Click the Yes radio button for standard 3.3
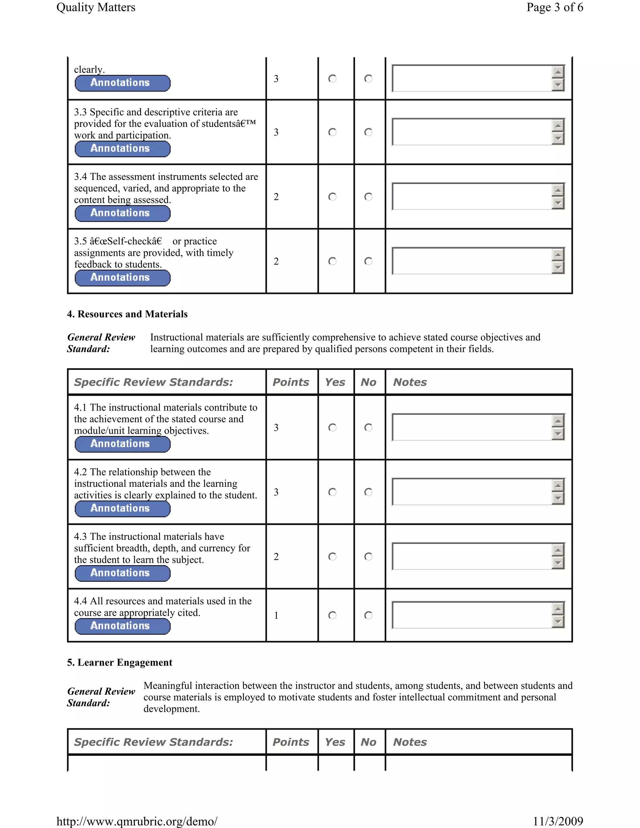click(x=332, y=132)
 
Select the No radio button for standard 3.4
click(x=368, y=197)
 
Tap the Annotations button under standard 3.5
click(x=122, y=277)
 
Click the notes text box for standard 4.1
click(x=472, y=427)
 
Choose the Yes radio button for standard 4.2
click(x=332, y=492)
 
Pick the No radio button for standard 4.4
click(x=368, y=615)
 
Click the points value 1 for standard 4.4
click(x=276, y=615)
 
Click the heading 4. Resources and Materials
click(x=127, y=314)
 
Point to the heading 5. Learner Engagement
click(x=120, y=662)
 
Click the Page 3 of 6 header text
click(x=554, y=7)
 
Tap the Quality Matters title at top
click(x=96, y=7)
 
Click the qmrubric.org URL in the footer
click(x=137, y=821)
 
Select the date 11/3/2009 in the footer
click(x=558, y=821)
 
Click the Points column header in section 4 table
click(x=291, y=382)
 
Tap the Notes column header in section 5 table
click(x=410, y=742)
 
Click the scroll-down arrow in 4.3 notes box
click(x=558, y=563)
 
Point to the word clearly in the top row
click(x=89, y=69)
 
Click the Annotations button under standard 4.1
click(x=122, y=444)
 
